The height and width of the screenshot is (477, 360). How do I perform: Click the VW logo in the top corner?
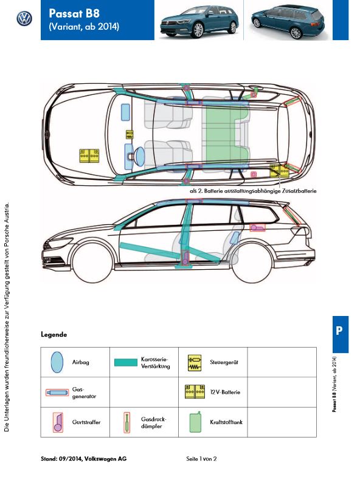(24, 19)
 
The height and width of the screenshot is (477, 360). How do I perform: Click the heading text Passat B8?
(74, 13)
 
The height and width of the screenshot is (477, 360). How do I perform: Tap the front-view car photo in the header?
(199, 21)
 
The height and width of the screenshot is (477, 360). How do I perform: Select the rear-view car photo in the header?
(288, 22)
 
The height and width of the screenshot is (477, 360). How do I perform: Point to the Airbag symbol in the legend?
(57, 362)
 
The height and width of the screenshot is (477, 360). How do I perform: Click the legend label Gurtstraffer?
(86, 422)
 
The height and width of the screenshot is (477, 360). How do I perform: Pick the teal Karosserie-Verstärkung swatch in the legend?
(126, 362)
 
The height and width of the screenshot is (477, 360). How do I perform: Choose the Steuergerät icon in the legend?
(195, 362)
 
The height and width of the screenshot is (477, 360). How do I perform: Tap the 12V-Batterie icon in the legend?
(195, 392)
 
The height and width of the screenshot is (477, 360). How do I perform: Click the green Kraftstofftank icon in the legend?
(195, 422)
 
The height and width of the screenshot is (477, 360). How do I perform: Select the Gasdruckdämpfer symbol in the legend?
(126, 422)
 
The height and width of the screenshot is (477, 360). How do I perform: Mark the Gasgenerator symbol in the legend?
(57, 393)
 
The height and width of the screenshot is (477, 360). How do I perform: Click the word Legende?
(54, 334)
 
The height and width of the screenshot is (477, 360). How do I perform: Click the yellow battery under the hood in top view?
(89, 156)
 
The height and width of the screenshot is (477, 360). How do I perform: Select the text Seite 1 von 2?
(201, 459)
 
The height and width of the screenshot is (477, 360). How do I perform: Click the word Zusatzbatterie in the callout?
(299, 191)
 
